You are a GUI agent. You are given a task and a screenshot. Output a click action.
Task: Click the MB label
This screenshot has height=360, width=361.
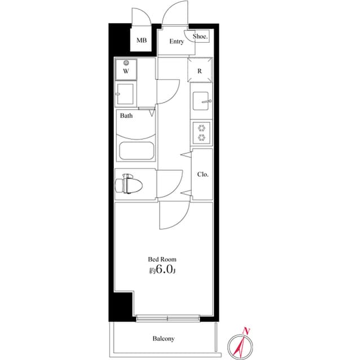click(141, 41)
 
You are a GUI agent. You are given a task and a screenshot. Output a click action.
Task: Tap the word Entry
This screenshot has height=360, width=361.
click(176, 42)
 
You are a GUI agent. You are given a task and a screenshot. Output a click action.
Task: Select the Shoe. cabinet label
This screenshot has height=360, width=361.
click(200, 37)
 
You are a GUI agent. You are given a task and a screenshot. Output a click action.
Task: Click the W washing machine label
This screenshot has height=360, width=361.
click(126, 72)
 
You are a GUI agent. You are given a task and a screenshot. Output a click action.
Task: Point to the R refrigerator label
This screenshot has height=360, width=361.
click(200, 71)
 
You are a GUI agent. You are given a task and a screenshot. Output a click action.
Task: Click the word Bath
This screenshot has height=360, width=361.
click(126, 116)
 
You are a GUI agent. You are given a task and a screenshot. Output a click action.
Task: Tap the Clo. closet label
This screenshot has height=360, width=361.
click(202, 174)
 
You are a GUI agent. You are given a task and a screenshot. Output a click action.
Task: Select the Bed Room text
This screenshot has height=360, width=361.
click(162, 259)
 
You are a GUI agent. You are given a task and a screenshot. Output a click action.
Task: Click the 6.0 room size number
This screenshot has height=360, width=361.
click(164, 270)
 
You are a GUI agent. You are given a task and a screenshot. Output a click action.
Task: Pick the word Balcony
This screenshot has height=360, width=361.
click(164, 339)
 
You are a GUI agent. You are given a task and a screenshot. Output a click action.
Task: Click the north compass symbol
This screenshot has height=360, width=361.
click(241, 344)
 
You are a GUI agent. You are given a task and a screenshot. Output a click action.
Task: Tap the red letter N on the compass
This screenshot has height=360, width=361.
click(245, 330)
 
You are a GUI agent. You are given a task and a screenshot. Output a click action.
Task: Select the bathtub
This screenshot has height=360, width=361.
click(137, 152)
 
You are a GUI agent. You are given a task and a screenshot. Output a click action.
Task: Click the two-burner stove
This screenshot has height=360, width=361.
click(201, 134)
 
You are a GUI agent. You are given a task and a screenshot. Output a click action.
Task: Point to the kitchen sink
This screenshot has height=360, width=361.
click(201, 102)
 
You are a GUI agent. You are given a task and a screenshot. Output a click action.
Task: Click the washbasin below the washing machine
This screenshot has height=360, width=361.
click(125, 94)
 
